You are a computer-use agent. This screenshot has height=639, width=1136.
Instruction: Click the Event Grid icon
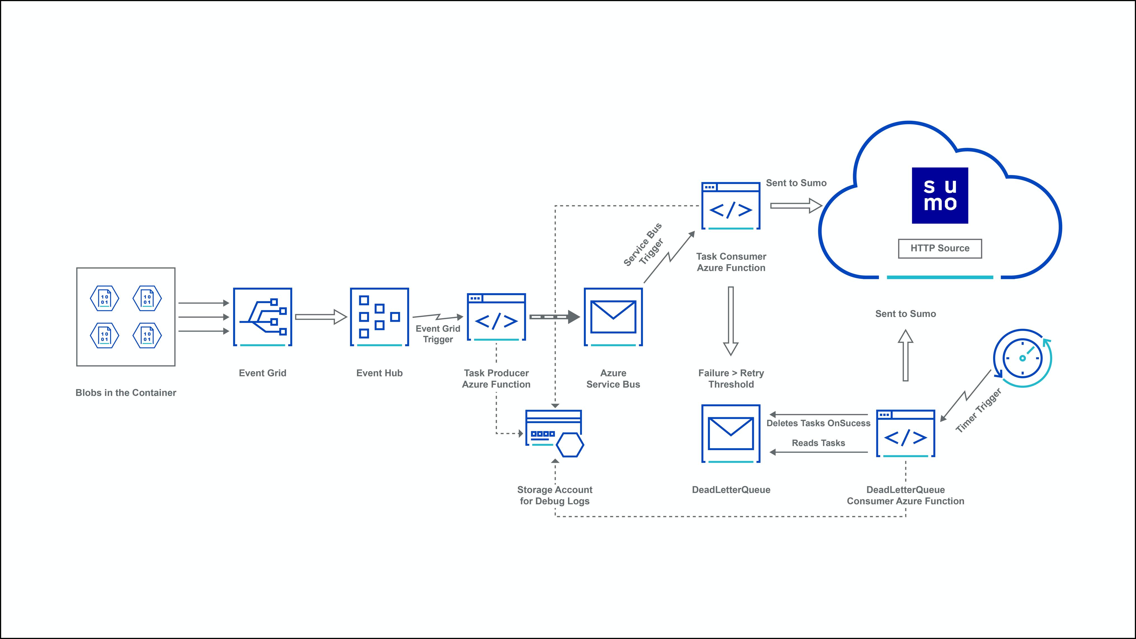pyautogui.click(x=262, y=317)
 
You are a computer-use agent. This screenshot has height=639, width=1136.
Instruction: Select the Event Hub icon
pyautogui.click(x=379, y=317)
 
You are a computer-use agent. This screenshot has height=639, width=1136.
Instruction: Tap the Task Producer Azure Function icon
pyautogui.click(x=496, y=317)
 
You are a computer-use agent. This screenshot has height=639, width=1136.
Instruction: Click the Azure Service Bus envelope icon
pyautogui.click(x=613, y=317)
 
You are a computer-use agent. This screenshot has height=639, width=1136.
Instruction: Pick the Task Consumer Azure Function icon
pyautogui.click(x=731, y=206)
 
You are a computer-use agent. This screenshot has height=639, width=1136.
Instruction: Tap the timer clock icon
pyautogui.click(x=1022, y=358)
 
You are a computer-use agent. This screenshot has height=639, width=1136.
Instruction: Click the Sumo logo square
pyautogui.click(x=940, y=195)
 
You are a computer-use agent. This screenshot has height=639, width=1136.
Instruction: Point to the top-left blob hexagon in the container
pyautogui.click(x=105, y=298)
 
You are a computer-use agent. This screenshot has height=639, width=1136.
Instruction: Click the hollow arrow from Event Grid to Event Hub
pyautogui.click(x=321, y=317)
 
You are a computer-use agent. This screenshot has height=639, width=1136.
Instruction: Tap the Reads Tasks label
pyautogui.click(x=818, y=443)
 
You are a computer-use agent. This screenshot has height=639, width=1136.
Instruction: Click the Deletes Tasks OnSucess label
pyautogui.click(x=818, y=423)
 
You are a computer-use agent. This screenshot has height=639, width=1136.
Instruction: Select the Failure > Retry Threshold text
pyautogui.click(x=731, y=378)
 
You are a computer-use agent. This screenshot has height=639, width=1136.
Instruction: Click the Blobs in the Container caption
pyautogui.click(x=126, y=393)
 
